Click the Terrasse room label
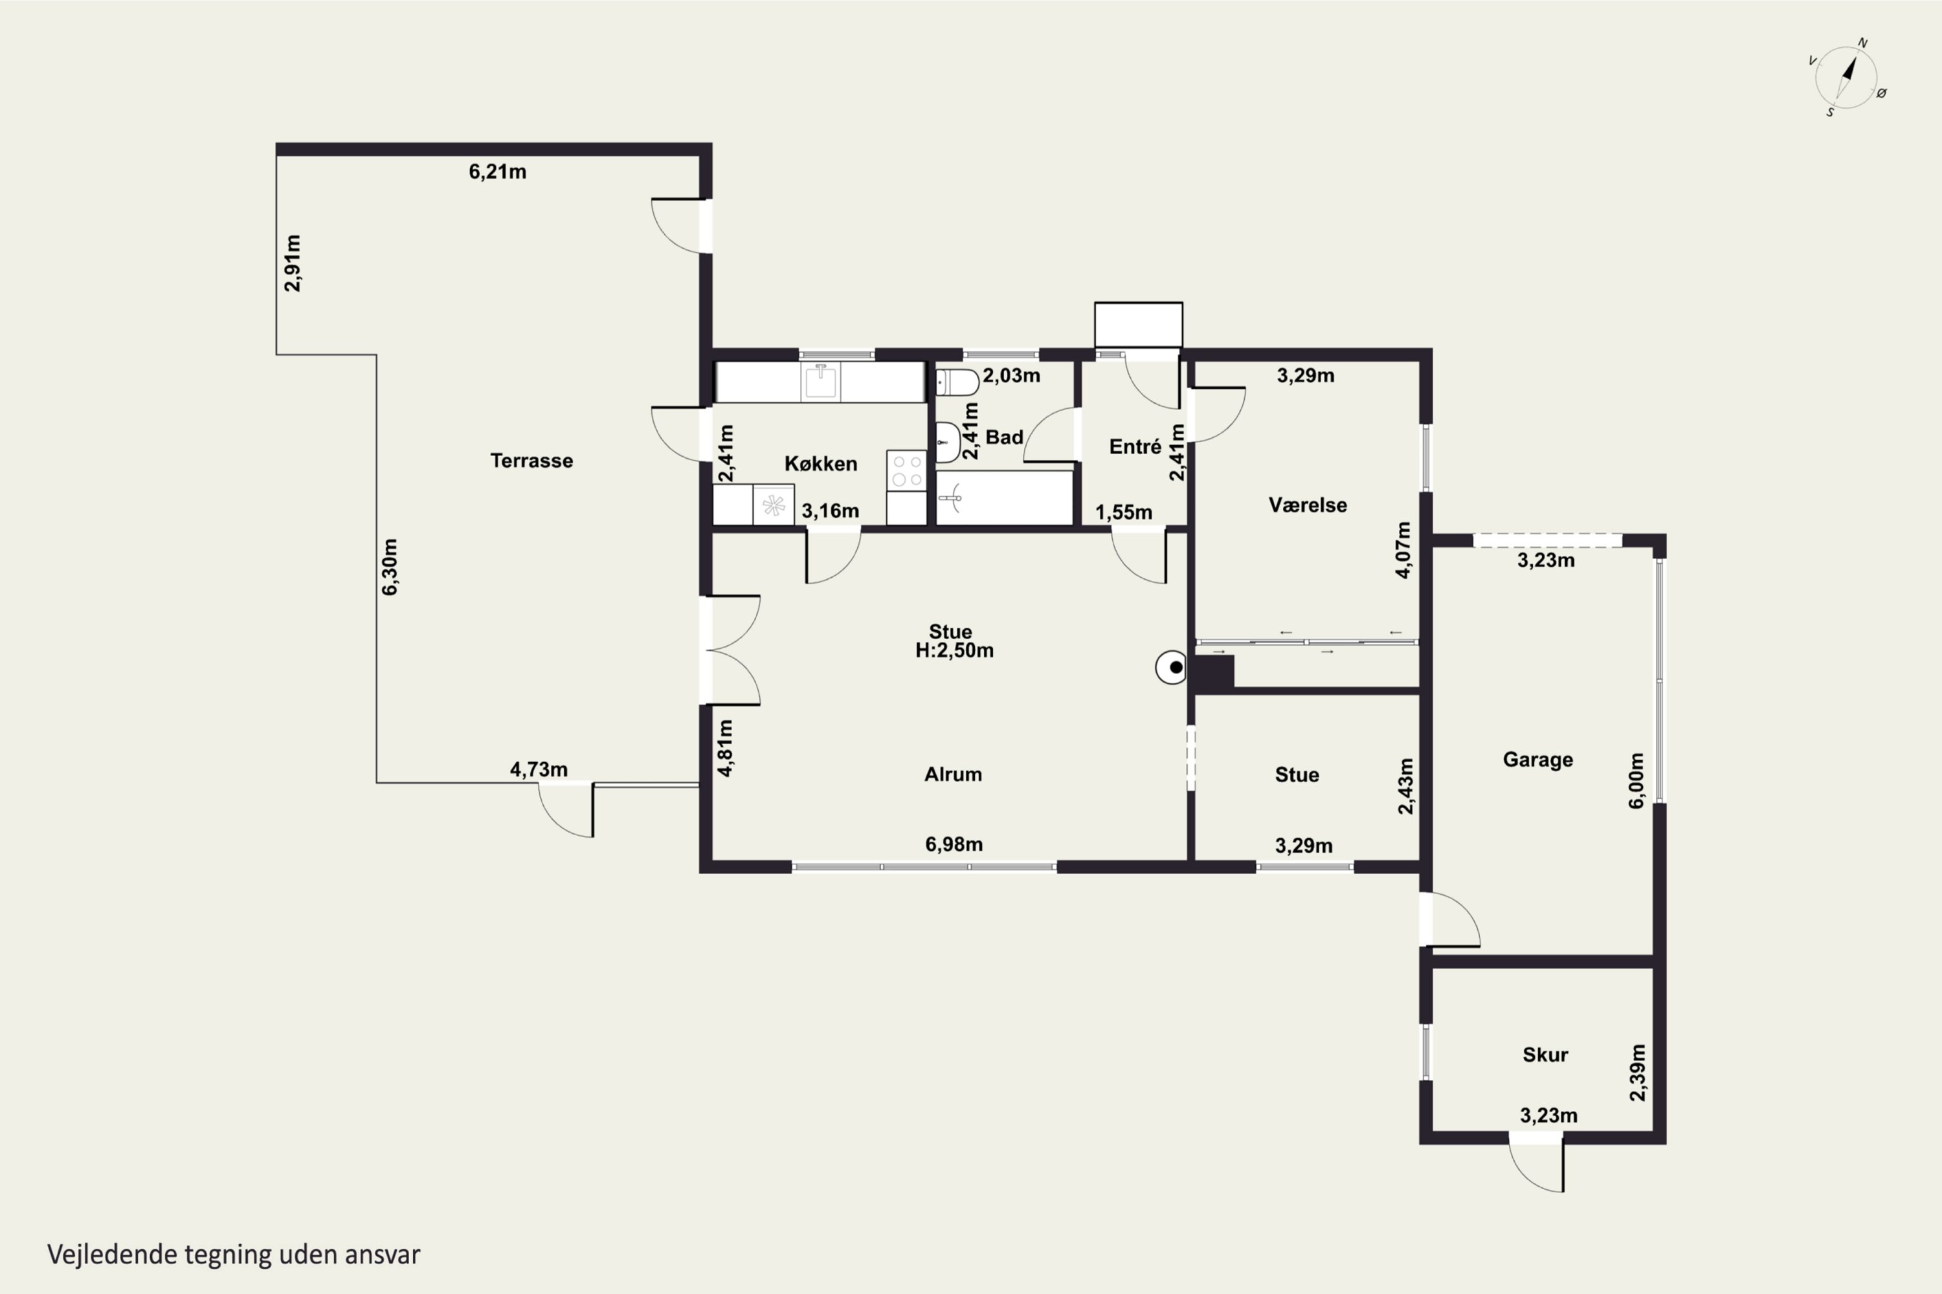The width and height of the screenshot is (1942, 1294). (x=531, y=461)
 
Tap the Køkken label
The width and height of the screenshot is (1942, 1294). (x=821, y=464)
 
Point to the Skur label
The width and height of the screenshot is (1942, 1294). (x=1545, y=1055)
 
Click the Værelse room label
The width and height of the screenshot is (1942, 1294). (x=1308, y=505)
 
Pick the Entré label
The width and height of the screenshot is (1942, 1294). (x=1135, y=446)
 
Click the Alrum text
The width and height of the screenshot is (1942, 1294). (x=953, y=774)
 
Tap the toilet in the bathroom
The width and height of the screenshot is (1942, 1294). (x=957, y=382)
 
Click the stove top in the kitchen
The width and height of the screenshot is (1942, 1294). (x=907, y=470)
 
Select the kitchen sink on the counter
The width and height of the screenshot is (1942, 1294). (x=821, y=381)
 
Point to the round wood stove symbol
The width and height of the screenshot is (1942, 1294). (x=1171, y=667)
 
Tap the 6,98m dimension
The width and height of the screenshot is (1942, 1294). (x=954, y=844)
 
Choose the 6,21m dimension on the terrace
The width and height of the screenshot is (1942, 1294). (x=498, y=171)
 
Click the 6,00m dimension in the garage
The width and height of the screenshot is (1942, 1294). (x=1636, y=781)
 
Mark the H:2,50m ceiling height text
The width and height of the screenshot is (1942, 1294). (x=954, y=651)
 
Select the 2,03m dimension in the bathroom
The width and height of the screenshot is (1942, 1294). (x=1011, y=375)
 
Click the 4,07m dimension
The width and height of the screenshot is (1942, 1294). (x=1403, y=551)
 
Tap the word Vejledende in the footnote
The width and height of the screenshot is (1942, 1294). (x=112, y=1255)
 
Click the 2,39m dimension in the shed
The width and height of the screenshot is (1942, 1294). (x=1637, y=1073)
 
